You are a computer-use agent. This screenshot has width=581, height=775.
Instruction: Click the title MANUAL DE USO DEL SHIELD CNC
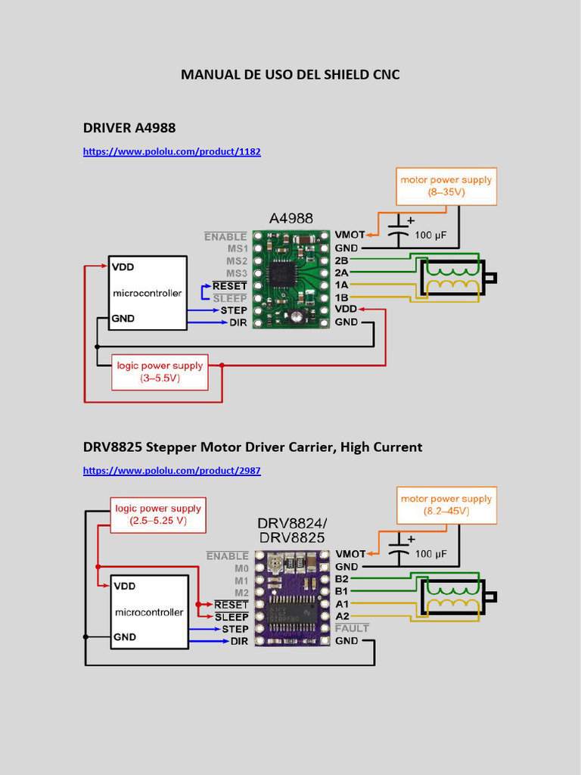point(290,74)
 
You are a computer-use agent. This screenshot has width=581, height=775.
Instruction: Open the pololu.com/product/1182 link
point(172,151)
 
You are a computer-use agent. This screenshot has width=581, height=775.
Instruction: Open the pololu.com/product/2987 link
point(172,470)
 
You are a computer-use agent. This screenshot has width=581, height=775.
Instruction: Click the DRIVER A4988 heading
point(129,127)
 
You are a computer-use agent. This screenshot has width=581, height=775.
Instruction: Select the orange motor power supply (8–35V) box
point(446,186)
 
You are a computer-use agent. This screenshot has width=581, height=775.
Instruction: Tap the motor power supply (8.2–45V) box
point(446,505)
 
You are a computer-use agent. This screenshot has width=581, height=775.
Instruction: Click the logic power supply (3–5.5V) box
point(160,371)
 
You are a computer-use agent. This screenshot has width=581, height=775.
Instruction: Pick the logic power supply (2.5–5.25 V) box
point(158,515)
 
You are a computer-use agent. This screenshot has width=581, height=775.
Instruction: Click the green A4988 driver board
point(291,279)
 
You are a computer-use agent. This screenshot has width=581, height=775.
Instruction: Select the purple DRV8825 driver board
point(291,598)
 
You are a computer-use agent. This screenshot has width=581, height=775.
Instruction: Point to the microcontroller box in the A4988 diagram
point(148,293)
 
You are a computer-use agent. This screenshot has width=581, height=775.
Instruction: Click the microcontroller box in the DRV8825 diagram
point(148,612)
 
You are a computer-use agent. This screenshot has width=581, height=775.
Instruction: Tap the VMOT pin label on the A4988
point(350,235)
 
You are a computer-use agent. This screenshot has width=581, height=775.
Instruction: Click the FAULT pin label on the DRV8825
point(352,628)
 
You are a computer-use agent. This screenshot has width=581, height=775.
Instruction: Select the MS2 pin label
point(236,260)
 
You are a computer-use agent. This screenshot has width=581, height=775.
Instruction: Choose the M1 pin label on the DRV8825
point(241,580)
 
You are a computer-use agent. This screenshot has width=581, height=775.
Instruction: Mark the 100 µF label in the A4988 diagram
point(430,235)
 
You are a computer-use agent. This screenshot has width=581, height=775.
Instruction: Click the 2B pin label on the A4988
point(341,260)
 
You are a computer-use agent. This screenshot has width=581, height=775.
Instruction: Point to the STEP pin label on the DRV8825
point(235,629)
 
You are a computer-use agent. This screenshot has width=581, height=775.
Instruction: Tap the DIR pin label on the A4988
point(238,322)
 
